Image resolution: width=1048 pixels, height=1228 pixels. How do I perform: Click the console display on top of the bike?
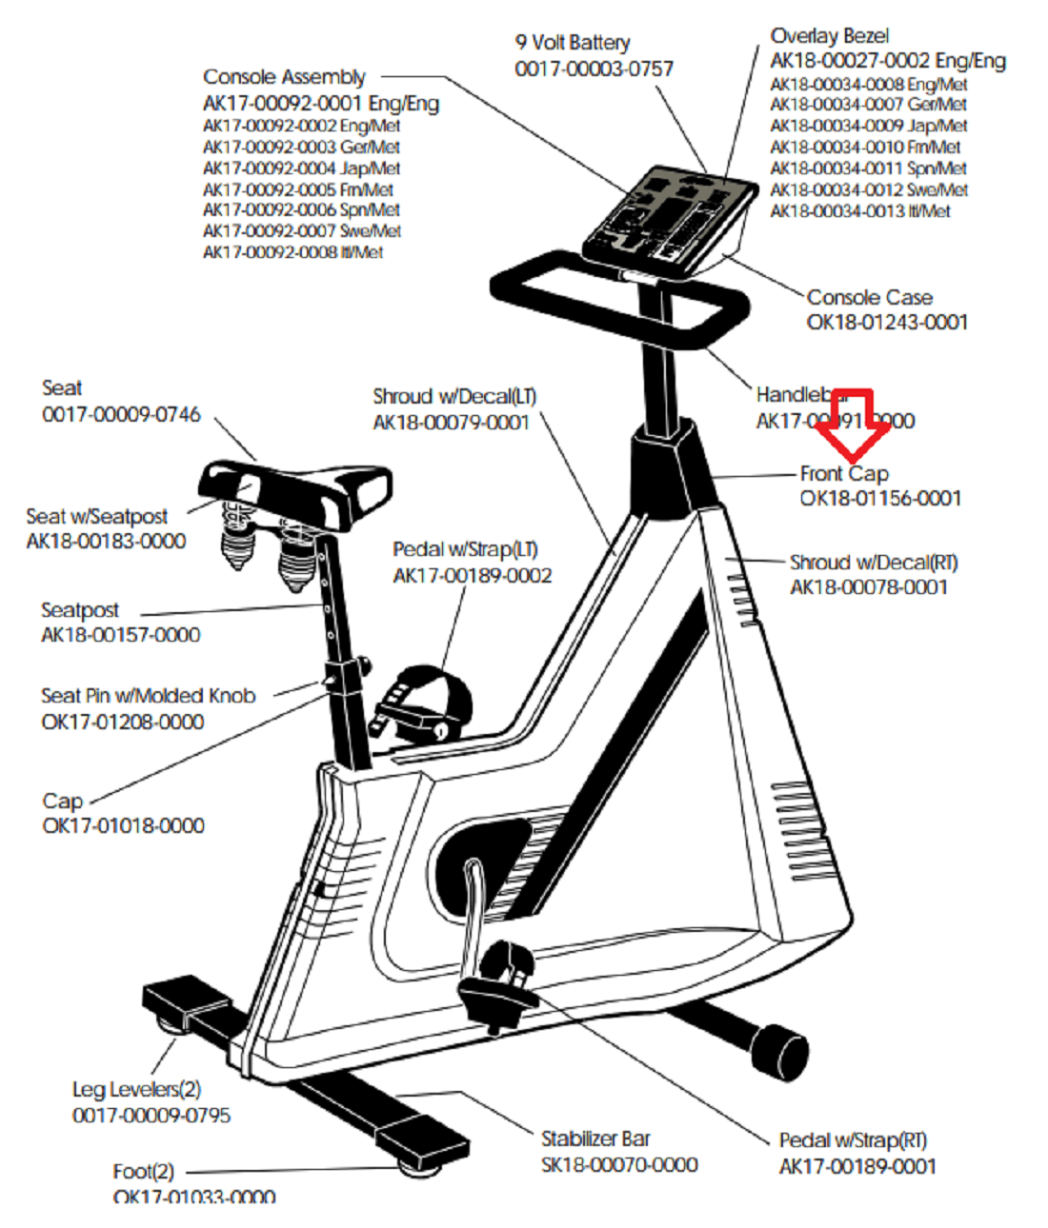pos(667,220)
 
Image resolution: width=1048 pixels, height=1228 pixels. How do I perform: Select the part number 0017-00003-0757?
pos(594,69)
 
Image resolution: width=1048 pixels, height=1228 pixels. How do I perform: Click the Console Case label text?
pos(869,297)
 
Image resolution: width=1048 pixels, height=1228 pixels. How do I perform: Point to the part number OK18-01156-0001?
pos(880,498)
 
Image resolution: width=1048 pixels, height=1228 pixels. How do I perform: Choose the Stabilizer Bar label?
pos(595,1139)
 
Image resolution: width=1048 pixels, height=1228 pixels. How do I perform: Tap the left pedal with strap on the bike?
pos(424,704)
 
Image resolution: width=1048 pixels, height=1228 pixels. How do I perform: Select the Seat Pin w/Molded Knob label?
pos(149,696)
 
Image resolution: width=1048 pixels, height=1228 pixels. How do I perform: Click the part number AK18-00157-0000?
pos(121,635)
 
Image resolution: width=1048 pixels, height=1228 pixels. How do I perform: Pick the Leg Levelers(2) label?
pos(136,1089)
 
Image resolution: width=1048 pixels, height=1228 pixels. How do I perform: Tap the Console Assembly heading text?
pos(284,77)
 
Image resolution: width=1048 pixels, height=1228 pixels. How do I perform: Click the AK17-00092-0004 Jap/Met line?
pos(301,168)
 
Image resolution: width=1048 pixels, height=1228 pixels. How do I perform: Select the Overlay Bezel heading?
pos(829,36)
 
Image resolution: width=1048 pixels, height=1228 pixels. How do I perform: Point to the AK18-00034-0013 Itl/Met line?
pos(859,211)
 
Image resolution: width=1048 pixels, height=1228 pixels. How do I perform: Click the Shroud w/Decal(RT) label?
pos(874,563)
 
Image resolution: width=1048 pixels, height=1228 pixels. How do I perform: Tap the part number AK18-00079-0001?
pos(451,422)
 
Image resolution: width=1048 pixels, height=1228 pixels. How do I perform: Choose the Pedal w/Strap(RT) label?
pos(853,1140)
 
